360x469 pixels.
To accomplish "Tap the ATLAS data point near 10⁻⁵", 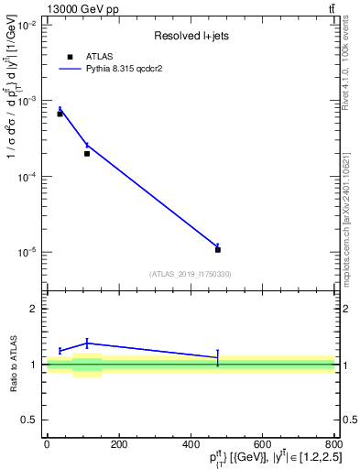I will pos(218,249).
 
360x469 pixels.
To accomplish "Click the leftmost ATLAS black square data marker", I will pos(60,114).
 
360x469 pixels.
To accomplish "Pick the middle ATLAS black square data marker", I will pos(87,153).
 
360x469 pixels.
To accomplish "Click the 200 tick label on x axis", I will pos(118,444).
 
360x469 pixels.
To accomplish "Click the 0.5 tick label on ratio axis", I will pos(29,420).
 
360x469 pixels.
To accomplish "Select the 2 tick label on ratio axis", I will pos(35,309).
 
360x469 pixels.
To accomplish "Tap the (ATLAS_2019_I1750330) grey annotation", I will pos(190,274).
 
